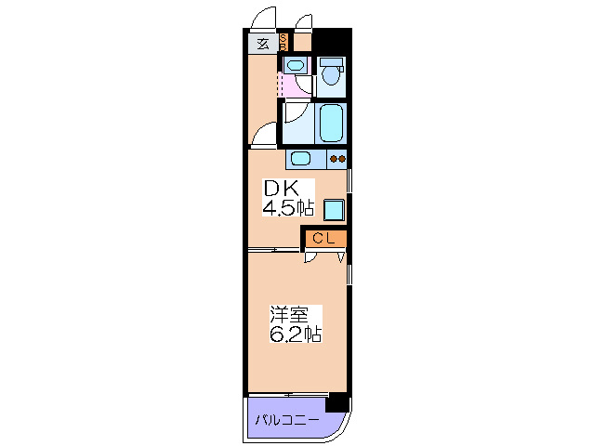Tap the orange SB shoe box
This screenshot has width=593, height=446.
click(284, 42)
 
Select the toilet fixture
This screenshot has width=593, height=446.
click(331, 74)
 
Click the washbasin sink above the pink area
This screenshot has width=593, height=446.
click(295, 65)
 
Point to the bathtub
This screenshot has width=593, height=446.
click(332, 122)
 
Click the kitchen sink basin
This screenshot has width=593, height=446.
click(301, 158)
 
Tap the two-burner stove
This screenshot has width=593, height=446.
click(336, 158)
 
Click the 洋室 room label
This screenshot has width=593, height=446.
click(289, 314)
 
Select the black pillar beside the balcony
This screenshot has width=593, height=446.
click(338, 402)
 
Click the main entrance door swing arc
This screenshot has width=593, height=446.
click(263, 19)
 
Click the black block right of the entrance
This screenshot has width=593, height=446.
click(332, 42)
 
